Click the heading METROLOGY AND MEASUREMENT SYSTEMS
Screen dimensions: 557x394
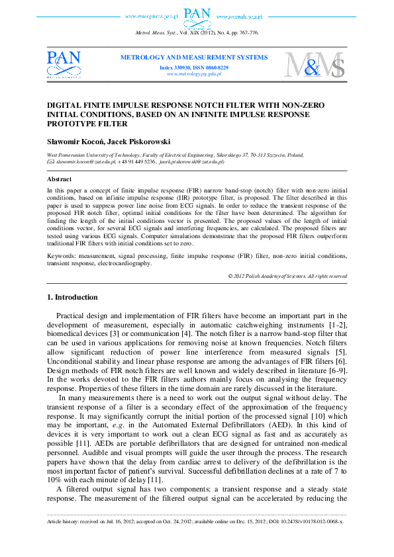coord(194,58)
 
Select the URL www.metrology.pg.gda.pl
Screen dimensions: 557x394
coord(194,74)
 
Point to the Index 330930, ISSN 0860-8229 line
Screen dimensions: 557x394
coord(194,67)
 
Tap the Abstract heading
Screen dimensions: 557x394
coord(60,179)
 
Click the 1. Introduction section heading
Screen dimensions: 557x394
coord(74,298)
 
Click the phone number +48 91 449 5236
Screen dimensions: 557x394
coord(138,161)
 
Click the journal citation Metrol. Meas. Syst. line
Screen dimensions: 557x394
coord(197,32)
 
